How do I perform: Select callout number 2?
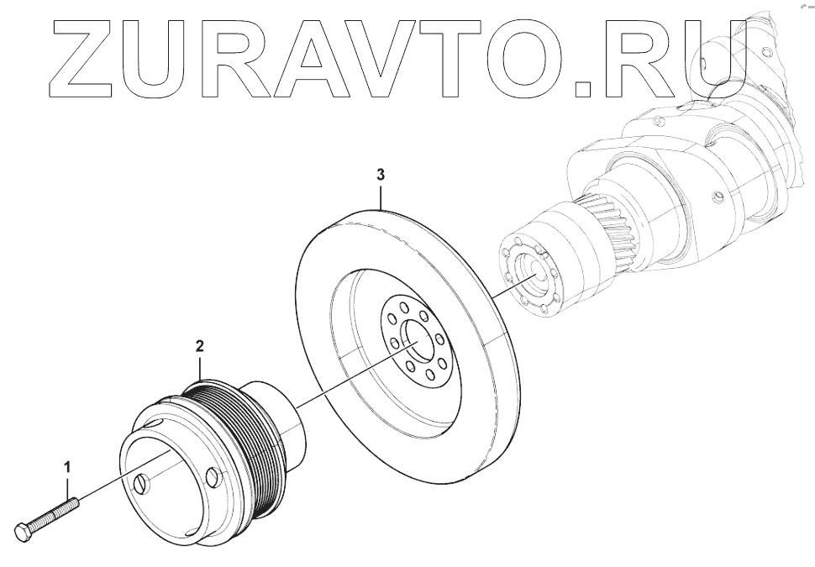200,345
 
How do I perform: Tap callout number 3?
381,175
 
